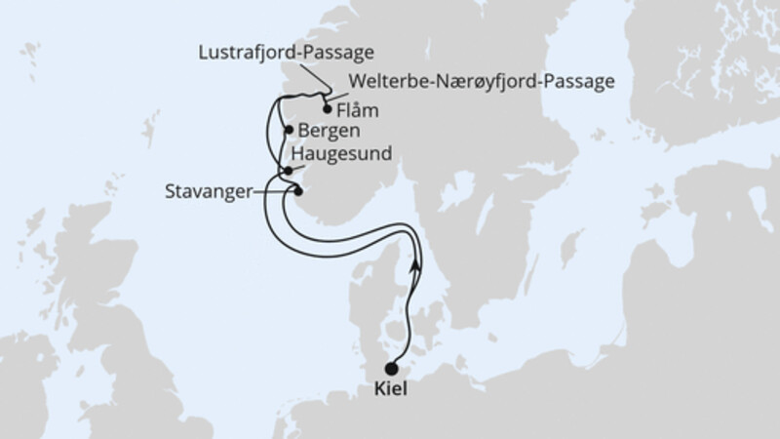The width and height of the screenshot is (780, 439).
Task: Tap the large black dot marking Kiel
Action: (392, 369)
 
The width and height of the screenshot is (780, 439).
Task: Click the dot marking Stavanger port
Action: (298, 190)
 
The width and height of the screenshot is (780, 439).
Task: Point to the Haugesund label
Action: (337, 155)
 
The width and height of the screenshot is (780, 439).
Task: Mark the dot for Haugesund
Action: (289, 171)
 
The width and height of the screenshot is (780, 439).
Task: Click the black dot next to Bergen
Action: (289, 130)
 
